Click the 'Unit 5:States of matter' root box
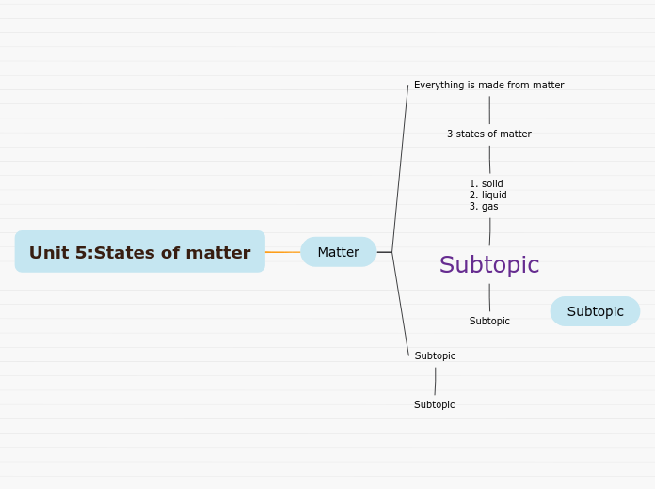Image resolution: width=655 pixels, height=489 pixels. pos(139,252)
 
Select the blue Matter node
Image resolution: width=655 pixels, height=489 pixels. pos(338,252)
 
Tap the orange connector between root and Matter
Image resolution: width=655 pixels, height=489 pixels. pos(282,252)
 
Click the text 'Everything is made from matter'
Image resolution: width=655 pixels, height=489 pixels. pos(488,86)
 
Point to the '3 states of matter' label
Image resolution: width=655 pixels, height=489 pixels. pos(488,134)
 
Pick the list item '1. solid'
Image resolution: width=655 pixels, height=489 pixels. pos(487,183)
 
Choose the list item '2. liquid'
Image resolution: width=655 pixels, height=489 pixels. pos(488,195)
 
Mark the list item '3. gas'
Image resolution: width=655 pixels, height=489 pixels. pos(485,206)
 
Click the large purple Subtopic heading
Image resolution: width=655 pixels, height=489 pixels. pos(489,265)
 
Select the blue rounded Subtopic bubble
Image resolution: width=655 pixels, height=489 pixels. pos(595,311)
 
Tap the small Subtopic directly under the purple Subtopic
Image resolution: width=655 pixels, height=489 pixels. pos(489,322)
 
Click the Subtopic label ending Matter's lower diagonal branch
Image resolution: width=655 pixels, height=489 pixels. pos(435,356)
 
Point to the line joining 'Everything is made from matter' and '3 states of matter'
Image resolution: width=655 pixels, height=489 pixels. pos(489,110)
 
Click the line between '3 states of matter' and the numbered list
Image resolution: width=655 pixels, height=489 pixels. pos(489,159)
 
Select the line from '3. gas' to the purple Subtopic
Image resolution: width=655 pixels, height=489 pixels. pos(489,231)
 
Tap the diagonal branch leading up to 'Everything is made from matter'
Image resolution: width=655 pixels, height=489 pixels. pos(400,169)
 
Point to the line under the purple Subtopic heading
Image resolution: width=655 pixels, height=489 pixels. pos(489,297)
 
